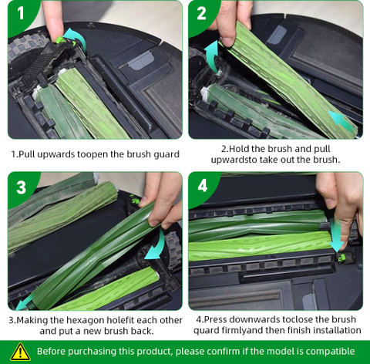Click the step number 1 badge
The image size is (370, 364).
point(21,13)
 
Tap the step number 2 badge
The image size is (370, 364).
point(201,13)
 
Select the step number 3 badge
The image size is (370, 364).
point(21,187)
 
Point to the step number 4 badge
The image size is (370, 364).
point(203,186)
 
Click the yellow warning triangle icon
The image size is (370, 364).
point(20,352)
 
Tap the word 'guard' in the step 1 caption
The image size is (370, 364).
point(166,155)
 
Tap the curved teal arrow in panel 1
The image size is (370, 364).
point(75,39)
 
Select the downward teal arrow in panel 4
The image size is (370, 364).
point(337,234)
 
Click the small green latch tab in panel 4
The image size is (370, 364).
point(341,258)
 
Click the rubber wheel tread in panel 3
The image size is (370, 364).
point(173,251)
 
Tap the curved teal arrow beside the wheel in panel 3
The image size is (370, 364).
point(157,244)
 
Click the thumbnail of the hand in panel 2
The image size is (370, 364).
point(228,42)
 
